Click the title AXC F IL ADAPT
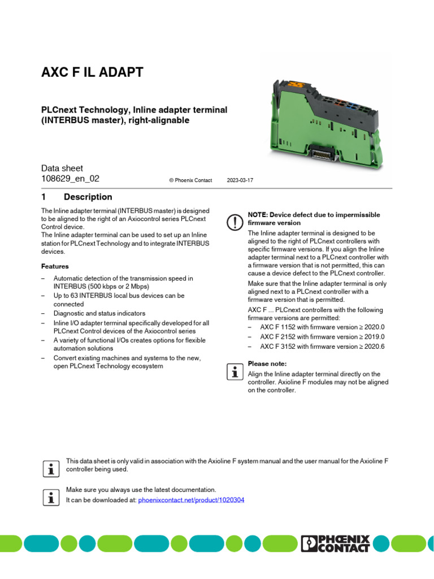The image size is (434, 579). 92,72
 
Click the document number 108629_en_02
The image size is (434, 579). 70,179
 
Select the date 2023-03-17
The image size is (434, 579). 240,180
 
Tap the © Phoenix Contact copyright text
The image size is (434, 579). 190,180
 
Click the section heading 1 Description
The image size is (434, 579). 77,197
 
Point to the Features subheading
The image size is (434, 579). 55,266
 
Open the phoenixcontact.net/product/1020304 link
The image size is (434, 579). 191,500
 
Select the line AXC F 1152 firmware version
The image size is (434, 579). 322,327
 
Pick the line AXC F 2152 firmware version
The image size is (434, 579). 322,337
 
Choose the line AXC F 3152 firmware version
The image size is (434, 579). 322,347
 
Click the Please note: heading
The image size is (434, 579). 267,364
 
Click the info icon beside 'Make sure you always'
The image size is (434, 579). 51,497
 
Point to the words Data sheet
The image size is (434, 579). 62,168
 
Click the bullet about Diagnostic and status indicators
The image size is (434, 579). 99,313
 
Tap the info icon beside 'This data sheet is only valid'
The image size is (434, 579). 51,468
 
